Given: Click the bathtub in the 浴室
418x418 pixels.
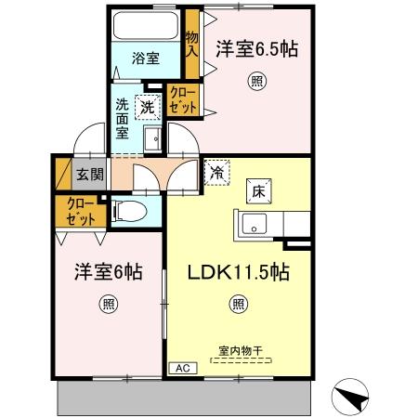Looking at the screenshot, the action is (146, 25).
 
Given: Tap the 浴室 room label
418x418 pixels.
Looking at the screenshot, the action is (146, 59).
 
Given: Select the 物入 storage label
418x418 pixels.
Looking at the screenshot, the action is (192, 45).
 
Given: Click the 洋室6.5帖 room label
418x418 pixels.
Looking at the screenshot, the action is (257, 49).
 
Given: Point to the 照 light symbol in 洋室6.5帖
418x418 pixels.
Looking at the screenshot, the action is (257, 82).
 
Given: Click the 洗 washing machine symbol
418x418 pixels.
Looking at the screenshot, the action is (148, 107).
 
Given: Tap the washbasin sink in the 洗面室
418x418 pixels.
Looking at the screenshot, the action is (152, 139).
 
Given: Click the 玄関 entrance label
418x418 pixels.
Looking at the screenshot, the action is (90, 175).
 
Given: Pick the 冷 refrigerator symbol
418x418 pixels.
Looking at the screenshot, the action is (216, 173).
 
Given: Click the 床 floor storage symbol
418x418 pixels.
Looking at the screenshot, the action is (259, 191).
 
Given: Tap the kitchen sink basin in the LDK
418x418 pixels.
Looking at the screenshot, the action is (255, 224).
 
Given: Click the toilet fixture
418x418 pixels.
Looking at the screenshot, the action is (129, 211).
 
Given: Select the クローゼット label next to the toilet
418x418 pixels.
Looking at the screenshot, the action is (81, 212).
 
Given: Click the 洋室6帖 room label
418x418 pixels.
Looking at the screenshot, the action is (109, 272).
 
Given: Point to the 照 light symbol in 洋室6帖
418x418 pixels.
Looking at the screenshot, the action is (109, 305).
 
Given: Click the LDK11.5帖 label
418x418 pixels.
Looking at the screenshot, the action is (239, 272).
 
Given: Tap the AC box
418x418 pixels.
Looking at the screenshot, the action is (183, 369).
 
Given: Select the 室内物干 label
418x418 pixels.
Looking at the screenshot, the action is (241, 351).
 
